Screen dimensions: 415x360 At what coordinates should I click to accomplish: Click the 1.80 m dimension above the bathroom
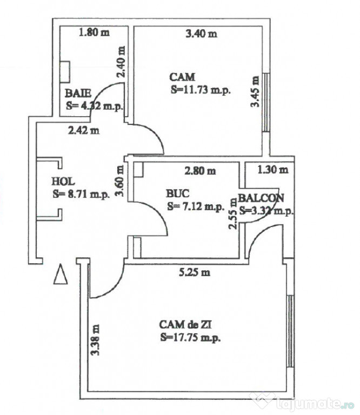[94, 32]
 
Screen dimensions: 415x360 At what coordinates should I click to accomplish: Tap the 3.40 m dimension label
[201, 34]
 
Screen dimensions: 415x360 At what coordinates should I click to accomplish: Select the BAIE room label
[78, 93]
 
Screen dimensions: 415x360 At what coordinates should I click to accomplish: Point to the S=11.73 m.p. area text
[201, 90]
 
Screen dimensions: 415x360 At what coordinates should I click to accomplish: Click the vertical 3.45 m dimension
[255, 91]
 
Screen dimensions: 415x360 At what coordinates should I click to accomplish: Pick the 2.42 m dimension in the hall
[83, 130]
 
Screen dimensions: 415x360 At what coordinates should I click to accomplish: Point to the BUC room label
[178, 193]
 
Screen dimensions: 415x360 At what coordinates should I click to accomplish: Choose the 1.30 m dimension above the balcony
[272, 170]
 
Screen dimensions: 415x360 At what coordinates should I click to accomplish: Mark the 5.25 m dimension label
[195, 272]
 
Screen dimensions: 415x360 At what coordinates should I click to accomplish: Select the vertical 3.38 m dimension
[96, 339]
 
